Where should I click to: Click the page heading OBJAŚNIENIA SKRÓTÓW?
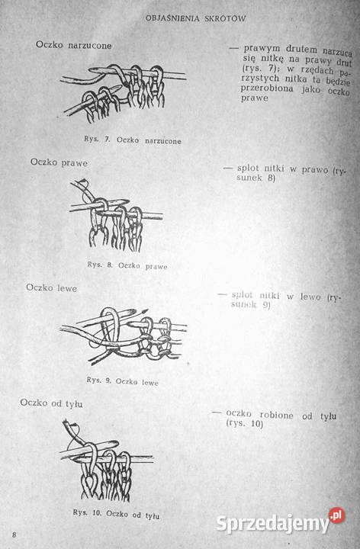click(x=195, y=18)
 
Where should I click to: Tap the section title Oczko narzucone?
click(x=73, y=45)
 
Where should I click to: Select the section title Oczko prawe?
click(x=59, y=162)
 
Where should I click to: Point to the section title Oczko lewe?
click(x=51, y=287)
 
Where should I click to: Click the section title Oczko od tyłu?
click(x=51, y=403)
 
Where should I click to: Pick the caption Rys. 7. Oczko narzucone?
click(x=133, y=140)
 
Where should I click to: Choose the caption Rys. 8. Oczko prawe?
click(x=127, y=265)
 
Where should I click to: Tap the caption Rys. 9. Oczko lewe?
click(x=123, y=381)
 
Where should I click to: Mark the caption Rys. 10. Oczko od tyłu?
click(x=116, y=514)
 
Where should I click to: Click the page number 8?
click(x=14, y=535)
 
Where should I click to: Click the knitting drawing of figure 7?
click(x=123, y=93)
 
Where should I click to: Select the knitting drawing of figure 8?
click(x=116, y=216)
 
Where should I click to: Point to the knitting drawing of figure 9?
click(x=124, y=336)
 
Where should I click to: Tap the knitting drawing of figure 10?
click(x=107, y=461)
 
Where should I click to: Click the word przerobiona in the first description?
click(x=267, y=88)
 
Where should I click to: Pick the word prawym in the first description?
click(x=262, y=49)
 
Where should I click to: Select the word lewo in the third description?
click(x=310, y=297)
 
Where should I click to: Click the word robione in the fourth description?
click(x=276, y=416)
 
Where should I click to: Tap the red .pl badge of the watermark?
click(x=336, y=515)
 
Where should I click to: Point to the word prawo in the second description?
click(x=315, y=170)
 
